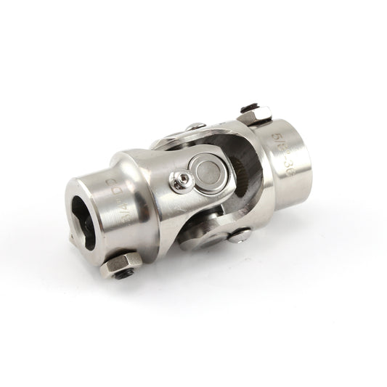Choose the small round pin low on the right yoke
coord(244,234)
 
